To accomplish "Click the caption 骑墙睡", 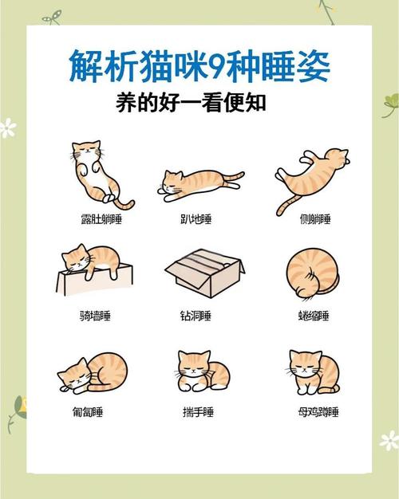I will [96, 316].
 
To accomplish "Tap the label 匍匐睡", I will [88, 412].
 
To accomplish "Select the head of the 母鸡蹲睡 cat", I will [305, 366].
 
